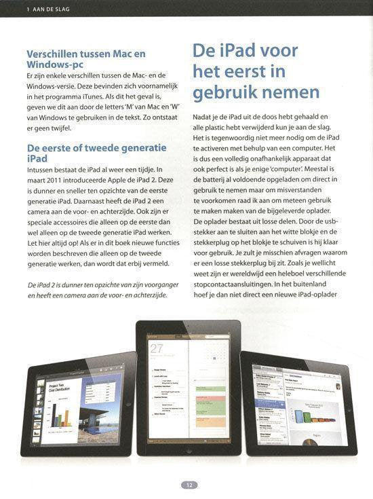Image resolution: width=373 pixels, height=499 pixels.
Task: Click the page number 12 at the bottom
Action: pyautogui.click(x=186, y=485)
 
